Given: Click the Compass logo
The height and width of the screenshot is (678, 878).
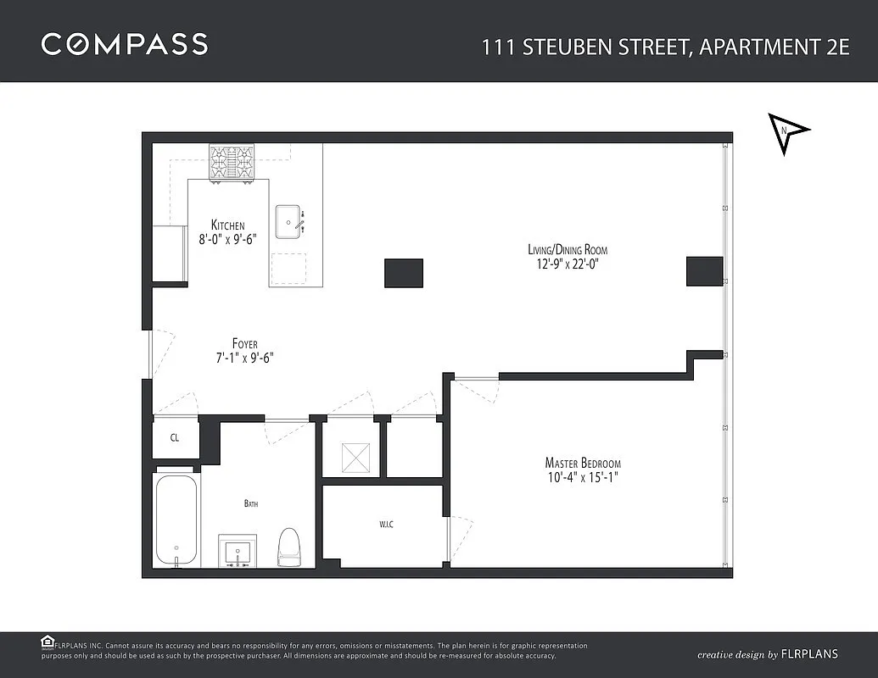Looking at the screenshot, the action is [x=125, y=44].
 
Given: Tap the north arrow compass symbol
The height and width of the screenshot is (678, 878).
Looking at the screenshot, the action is [x=786, y=132].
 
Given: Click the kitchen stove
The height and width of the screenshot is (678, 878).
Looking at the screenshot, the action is [x=232, y=162].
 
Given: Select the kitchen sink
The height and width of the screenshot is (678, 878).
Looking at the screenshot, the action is [x=290, y=221].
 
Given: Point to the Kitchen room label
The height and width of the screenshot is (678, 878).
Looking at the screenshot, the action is [x=228, y=225].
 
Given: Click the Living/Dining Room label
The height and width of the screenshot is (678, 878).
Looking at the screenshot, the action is [x=568, y=249].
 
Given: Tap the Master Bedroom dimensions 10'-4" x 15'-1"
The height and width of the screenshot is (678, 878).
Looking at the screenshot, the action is [x=583, y=478].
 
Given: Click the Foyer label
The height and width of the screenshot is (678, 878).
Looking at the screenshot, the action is [x=244, y=343].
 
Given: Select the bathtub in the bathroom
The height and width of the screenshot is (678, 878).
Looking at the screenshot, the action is [x=176, y=520].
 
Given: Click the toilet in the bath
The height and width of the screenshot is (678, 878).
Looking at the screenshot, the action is [x=289, y=547].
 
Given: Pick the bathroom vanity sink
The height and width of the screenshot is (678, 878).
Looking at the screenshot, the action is [x=238, y=551].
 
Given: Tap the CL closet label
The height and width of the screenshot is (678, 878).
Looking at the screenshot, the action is [x=175, y=437].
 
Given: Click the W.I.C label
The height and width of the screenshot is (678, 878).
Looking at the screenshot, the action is [x=386, y=525].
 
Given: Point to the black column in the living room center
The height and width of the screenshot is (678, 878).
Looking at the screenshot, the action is [x=404, y=273].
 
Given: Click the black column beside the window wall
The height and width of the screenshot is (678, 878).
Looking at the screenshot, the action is [x=705, y=271].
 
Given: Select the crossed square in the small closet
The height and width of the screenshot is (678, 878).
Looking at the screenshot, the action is [x=356, y=457].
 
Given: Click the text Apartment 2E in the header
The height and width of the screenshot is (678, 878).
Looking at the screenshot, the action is [x=775, y=47].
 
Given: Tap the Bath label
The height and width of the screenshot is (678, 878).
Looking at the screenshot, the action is [x=251, y=503].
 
